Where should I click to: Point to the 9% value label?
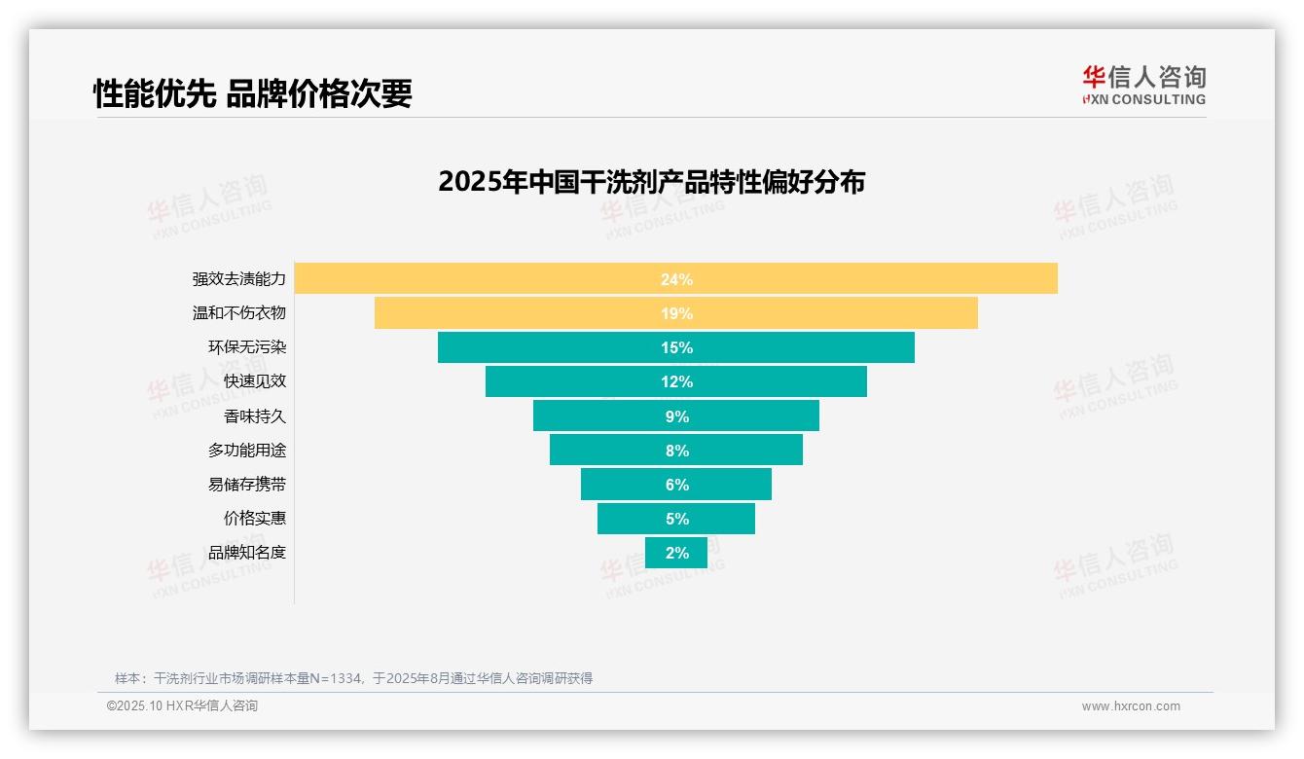pyautogui.click(x=676, y=416)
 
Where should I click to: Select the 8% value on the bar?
pyautogui.click(x=676, y=451)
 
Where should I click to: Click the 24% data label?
pyautogui.click(x=676, y=279)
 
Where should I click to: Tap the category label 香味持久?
pyautogui.click(x=255, y=416)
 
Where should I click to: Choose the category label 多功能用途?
pyautogui.click(x=247, y=451)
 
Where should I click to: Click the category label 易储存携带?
pyautogui.click(x=247, y=485)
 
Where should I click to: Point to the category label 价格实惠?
pyautogui.click(x=255, y=519)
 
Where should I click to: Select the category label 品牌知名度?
pyautogui.click(x=247, y=553)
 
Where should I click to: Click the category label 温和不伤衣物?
pyautogui.click(x=239, y=313)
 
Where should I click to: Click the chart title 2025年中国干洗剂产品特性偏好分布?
pyautogui.click(x=651, y=182)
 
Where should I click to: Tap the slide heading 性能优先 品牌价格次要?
pyautogui.click(x=253, y=93)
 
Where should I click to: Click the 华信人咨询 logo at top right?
pyautogui.click(x=1143, y=85)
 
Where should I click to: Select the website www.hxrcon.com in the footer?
pyautogui.click(x=1131, y=706)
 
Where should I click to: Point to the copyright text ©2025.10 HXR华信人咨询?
pyautogui.click(x=182, y=706)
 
